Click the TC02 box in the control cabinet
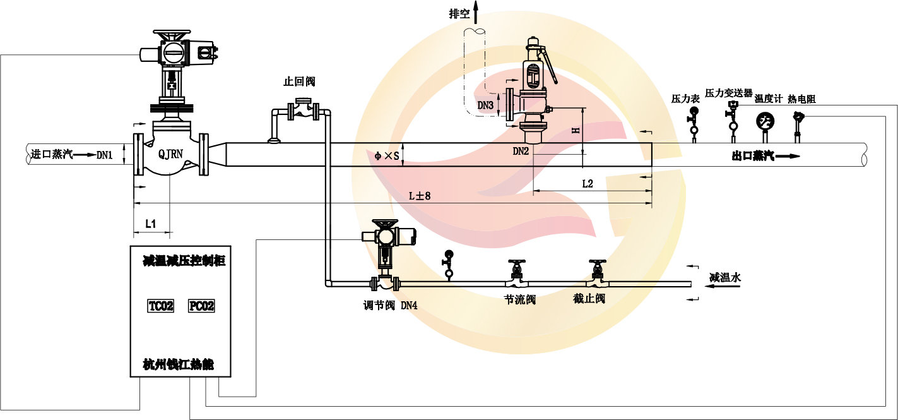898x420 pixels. coord(160,306)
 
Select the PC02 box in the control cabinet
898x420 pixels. coord(201,306)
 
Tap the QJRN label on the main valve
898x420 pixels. coord(170,153)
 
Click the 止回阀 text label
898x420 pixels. coord(299,81)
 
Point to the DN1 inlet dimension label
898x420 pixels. coord(104,154)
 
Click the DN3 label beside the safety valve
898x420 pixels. coord(485,105)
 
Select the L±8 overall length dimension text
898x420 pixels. coord(419,196)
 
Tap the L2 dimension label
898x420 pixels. coord(587,183)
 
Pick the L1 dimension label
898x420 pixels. coord(151,223)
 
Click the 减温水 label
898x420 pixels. coord(724,277)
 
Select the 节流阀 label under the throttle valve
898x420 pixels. coord(520,300)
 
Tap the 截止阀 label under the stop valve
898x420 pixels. coord(589,299)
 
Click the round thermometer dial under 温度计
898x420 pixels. coord(765,120)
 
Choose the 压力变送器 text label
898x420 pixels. coord(728,93)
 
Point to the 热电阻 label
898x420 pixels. coord(801,99)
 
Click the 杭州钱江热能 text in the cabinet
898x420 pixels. coord(179,364)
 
